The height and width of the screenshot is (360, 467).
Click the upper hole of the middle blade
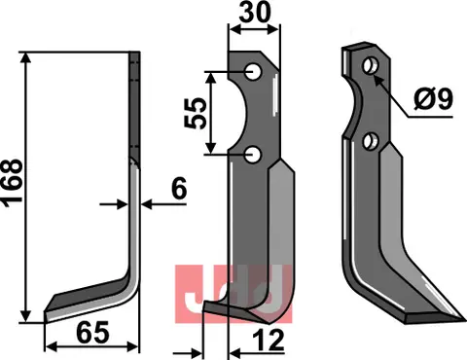(252, 71)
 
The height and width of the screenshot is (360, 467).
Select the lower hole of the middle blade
(252, 153)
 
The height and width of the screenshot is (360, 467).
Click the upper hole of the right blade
(370, 66)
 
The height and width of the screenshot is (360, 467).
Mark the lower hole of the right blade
(370, 143)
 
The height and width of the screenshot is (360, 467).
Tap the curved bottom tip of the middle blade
(216, 313)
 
